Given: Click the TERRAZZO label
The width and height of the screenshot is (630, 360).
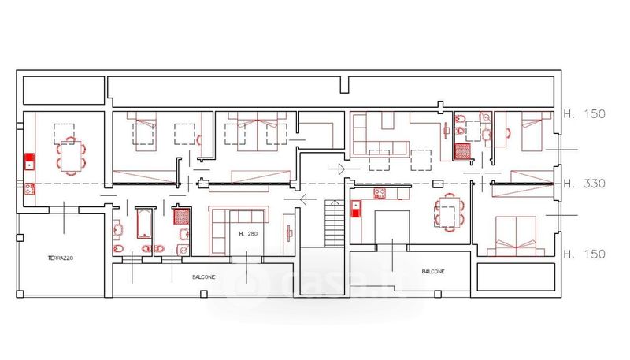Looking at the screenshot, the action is coord(61,258).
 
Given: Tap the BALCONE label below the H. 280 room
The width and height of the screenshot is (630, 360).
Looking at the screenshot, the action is coord(203,277).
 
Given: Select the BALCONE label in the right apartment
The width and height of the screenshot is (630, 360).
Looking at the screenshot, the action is coord(433,272).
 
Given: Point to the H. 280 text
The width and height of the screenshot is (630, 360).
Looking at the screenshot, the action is coord(248,234).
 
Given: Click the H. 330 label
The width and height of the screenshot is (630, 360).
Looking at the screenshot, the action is coord(584,184).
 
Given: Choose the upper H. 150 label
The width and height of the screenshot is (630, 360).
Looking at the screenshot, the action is coord(584,114).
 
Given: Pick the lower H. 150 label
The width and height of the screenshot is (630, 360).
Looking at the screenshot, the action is coord(584,254).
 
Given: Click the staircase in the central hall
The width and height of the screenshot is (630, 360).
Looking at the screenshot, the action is coord(334,224).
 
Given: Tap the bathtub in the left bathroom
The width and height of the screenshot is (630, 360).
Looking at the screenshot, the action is coord(144,224).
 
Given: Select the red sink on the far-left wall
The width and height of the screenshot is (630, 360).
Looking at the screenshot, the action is coord(29,162).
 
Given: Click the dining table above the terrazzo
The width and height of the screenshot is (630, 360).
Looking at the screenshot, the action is coord(71,156).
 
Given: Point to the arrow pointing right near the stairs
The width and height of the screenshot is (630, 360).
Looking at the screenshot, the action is coord(341,169).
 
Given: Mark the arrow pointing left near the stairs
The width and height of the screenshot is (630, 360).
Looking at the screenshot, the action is coord(301,199).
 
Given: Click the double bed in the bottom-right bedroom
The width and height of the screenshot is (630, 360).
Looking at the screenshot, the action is coord(516,236).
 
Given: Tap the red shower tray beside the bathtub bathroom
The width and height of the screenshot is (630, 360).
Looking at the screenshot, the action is coord(181,217).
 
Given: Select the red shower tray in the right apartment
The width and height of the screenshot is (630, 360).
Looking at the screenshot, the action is coord(462,151).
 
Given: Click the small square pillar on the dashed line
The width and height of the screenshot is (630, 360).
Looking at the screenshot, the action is coord(438,184).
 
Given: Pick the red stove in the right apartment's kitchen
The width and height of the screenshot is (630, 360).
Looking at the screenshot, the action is coord(380,194).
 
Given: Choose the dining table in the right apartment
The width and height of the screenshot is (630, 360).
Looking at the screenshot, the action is coord(449,213).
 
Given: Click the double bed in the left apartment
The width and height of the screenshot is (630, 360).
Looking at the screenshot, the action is coord(258,132).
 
